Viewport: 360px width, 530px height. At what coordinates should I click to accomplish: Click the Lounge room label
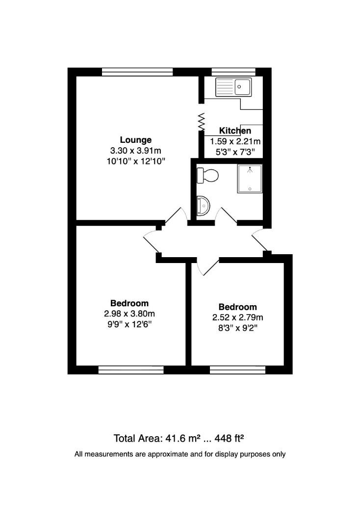click(136, 140)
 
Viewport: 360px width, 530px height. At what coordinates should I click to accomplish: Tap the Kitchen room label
click(235, 131)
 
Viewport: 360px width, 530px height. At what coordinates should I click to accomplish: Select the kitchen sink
click(234, 87)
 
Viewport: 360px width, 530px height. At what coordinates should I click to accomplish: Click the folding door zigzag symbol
click(201, 121)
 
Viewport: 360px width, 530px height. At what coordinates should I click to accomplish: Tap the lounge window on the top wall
click(138, 72)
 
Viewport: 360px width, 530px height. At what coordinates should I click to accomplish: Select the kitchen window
click(233, 72)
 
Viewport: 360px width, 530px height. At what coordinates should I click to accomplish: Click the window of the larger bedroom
click(131, 370)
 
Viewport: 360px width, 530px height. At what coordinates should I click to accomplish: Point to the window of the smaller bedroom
click(237, 370)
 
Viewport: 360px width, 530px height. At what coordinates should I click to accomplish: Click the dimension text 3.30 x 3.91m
click(136, 151)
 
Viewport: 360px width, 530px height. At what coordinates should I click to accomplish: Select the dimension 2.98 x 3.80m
click(129, 314)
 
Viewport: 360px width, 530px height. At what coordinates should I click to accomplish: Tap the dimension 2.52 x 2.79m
click(237, 318)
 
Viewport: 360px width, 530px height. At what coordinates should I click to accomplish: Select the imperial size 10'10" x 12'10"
click(136, 161)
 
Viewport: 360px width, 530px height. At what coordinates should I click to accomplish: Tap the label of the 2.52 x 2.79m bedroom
click(237, 307)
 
